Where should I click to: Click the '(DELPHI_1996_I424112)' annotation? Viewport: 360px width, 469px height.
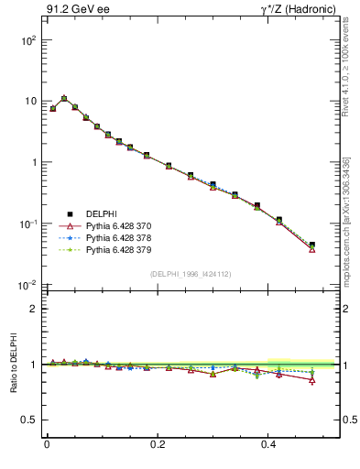(x=190, y=272)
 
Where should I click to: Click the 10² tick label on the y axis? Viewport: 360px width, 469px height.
(x=29, y=41)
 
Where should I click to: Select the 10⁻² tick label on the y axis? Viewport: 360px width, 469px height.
(x=29, y=285)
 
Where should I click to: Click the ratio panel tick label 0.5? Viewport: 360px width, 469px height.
(x=29, y=420)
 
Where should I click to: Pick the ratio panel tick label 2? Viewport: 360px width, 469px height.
(x=33, y=309)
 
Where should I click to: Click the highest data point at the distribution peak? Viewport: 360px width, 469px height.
(x=64, y=98)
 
